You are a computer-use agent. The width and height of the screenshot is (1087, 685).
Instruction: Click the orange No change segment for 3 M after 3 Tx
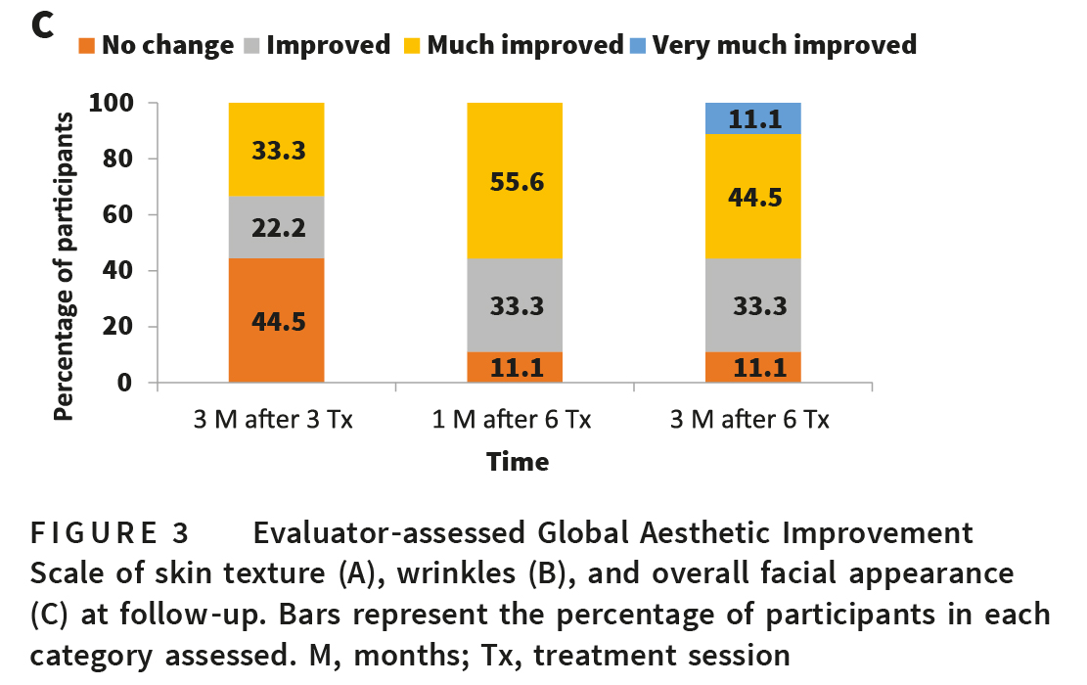(x=277, y=320)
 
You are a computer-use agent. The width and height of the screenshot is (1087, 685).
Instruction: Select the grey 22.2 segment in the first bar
(x=277, y=227)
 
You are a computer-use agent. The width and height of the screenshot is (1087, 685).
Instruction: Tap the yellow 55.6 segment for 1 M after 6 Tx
(x=515, y=180)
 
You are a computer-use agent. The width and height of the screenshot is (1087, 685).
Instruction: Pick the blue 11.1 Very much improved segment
(x=753, y=118)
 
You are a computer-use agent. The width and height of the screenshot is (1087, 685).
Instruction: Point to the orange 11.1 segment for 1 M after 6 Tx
(x=515, y=367)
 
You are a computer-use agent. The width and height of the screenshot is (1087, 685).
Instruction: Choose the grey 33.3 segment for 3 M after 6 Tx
(x=753, y=304)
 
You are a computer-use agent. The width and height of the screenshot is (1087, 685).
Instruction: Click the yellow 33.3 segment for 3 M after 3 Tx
(x=277, y=150)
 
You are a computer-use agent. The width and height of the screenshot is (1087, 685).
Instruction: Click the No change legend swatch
(x=87, y=45)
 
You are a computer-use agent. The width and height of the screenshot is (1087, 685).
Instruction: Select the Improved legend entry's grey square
(x=251, y=45)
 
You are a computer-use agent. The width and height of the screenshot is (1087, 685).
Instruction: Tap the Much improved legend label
(x=524, y=45)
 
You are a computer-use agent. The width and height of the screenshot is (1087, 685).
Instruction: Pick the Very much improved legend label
(x=784, y=45)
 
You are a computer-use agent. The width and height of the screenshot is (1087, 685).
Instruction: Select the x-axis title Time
(x=518, y=461)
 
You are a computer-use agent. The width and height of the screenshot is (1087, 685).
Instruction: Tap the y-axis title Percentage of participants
(x=65, y=266)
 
